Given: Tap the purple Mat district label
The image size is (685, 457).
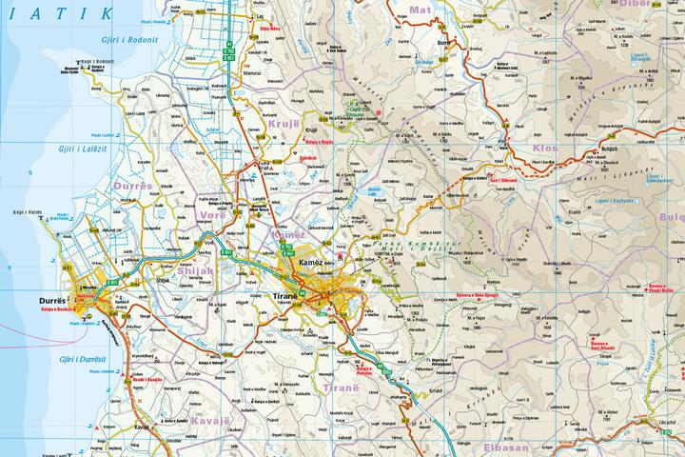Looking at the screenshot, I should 419,10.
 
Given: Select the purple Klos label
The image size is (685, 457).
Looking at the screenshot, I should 547,149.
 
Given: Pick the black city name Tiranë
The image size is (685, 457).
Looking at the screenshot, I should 285,297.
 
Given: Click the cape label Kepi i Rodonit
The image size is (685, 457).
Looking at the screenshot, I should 97,60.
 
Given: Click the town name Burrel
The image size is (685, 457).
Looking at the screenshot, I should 441,43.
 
